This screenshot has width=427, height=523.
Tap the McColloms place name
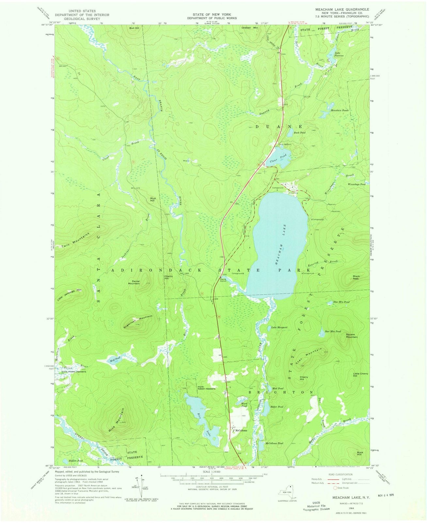tap(240, 430)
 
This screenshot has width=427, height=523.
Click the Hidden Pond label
tap(76, 461)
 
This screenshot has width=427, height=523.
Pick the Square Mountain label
tap(352, 336)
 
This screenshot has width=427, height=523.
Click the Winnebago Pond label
tap(357, 184)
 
